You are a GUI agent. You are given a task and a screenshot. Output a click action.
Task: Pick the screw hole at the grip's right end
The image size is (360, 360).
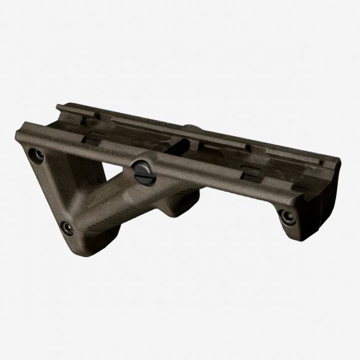point(287,216)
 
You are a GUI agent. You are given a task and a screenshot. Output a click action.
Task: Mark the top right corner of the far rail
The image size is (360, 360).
point(338,160)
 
